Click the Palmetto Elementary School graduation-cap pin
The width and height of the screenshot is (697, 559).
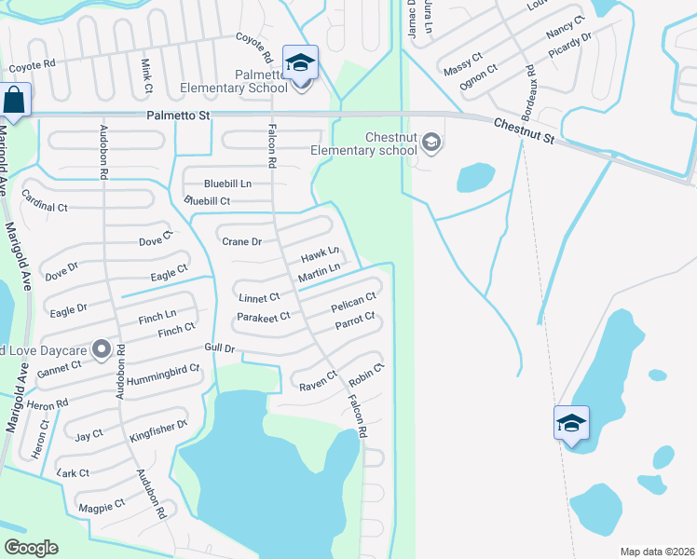[x=300, y=63]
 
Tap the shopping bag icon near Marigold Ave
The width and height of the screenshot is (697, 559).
[x=15, y=101]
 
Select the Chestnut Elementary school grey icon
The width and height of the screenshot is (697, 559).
[x=430, y=143]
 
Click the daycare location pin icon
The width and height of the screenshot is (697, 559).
[x=102, y=350]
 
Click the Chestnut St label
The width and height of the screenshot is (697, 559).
[x=524, y=130]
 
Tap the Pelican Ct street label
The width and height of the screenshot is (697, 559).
[x=353, y=303]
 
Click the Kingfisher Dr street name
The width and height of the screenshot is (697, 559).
[x=158, y=429]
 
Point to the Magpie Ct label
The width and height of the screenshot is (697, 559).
[x=102, y=505]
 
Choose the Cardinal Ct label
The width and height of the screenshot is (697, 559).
[x=44, y=206]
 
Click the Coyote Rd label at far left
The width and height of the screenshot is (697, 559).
[x=33, y=65]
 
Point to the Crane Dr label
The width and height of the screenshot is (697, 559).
[x=242, y=242]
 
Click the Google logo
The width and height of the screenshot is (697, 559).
[x=31, y=548]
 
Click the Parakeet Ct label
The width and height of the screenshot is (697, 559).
[x=265, y=316]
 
